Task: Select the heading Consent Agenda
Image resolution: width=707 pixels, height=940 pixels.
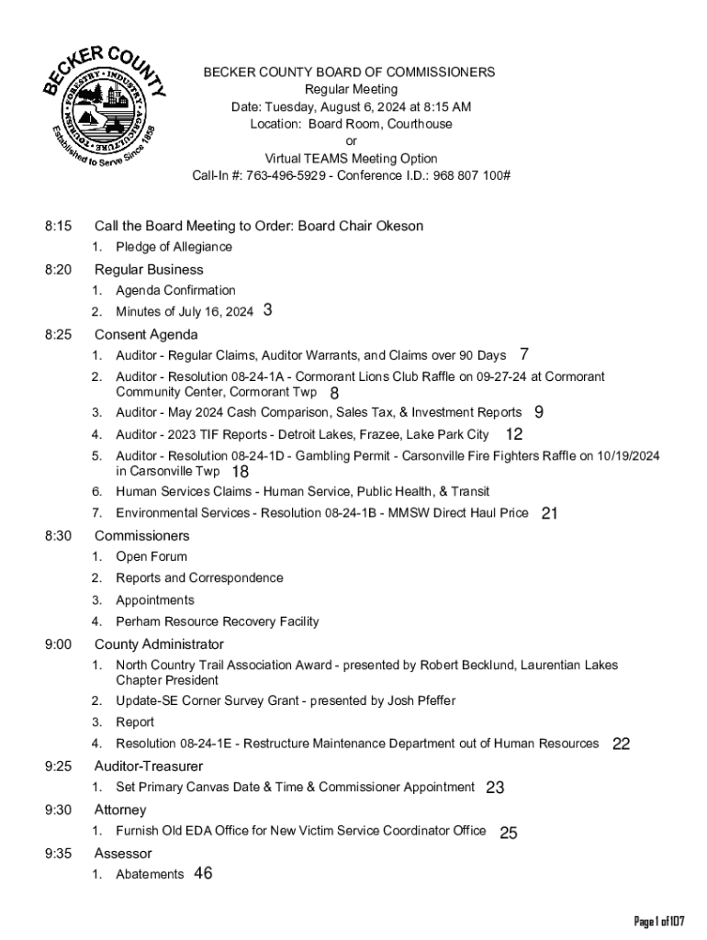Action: pyautogui.click(x=146, y=334)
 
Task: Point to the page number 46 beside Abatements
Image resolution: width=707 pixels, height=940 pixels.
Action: pyautogui.click(x=203, y=873)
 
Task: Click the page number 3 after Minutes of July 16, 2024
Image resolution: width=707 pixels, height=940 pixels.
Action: pyautogui.click(x=267, y=310)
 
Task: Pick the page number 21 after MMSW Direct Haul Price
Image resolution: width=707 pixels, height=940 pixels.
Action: pyautogui.click(x=550, y=513)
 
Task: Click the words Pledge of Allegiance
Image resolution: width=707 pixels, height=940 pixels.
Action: pyautogui.click(x=174, y=247)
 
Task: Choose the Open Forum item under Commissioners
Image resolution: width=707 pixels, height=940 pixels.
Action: pyautogui.click(x=151, y=556)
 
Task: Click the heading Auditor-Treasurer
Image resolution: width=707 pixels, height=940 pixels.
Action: pyautogui.click(x=149, y=766)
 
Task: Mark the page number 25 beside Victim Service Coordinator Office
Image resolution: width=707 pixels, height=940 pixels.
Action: pyautogui.click(x=509, y=833)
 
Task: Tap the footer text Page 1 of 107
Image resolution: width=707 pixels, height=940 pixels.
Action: pyautogui.click(x=660, y=921)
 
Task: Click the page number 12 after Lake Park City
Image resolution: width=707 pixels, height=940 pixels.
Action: pyautogui.click(x=514, y=434)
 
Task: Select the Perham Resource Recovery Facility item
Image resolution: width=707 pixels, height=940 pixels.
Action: pyautogui.click(x=217, y=621)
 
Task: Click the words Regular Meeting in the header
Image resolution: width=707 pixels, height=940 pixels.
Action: pyautogui.click(x=351, y=89)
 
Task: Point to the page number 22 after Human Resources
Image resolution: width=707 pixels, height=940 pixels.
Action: pyautogui.click(x=621, y=744)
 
